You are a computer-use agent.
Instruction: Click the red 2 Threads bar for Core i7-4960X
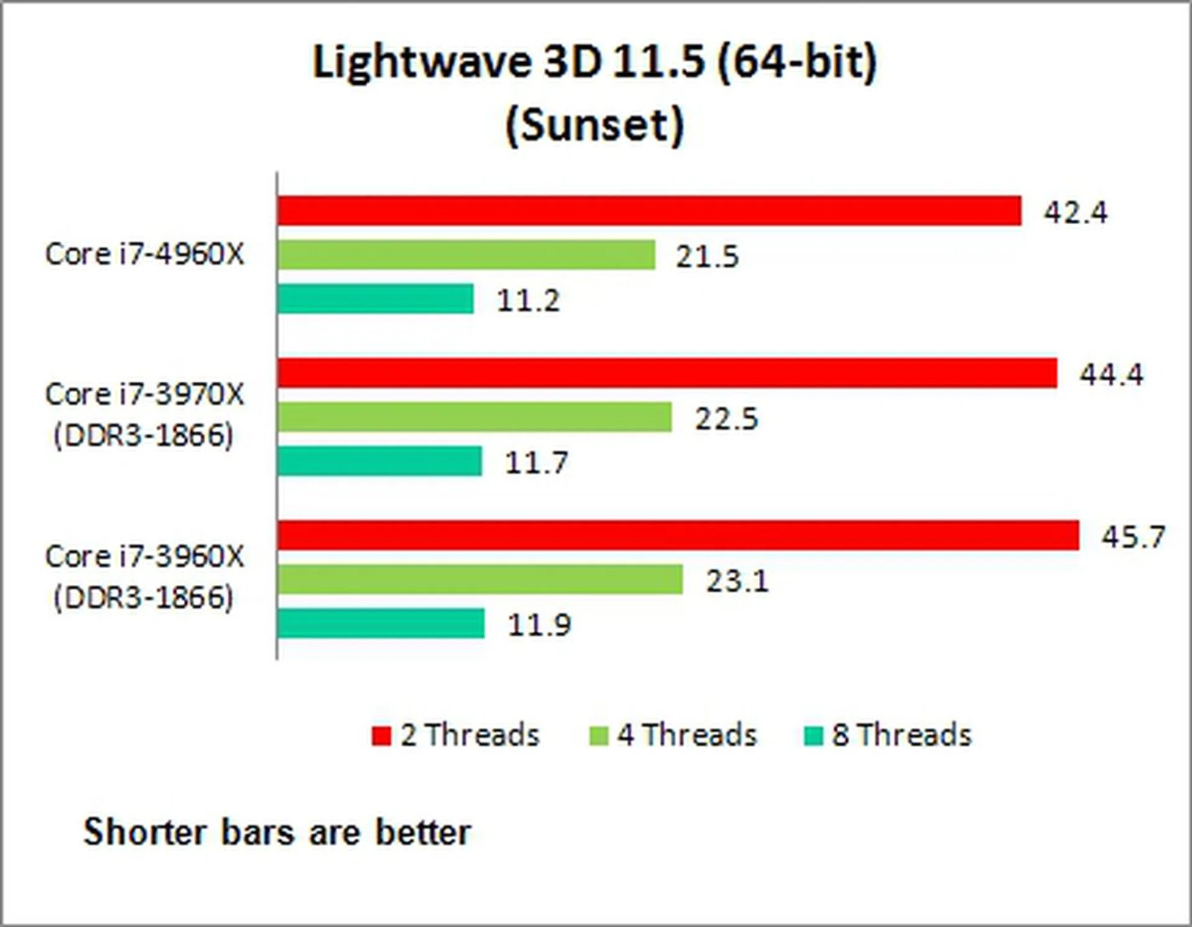pos(649,211)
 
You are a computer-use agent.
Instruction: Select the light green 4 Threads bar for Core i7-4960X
pos(466,255)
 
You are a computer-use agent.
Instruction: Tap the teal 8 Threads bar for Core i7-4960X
pos(376,299)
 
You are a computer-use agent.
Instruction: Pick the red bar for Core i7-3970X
pos(667,373)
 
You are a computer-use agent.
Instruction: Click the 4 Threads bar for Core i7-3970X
pos(474,417)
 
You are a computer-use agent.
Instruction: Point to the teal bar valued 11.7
pos(379,461)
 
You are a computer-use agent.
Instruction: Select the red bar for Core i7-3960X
pos(678,535)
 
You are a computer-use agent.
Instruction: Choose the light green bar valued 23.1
pos(480,579)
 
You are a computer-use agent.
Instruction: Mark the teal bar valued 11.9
pos(381,623)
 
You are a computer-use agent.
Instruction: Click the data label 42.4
pos(1075,212)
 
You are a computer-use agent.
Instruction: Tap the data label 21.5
pos(707,256)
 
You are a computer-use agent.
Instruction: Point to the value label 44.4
pos(1111,374)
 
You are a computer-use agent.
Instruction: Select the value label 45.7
pos(1134,536)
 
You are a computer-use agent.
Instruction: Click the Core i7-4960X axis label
pos(145,254)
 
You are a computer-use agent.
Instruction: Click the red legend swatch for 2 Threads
pos(381,736)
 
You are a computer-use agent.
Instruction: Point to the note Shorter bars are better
pos(278,832)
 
